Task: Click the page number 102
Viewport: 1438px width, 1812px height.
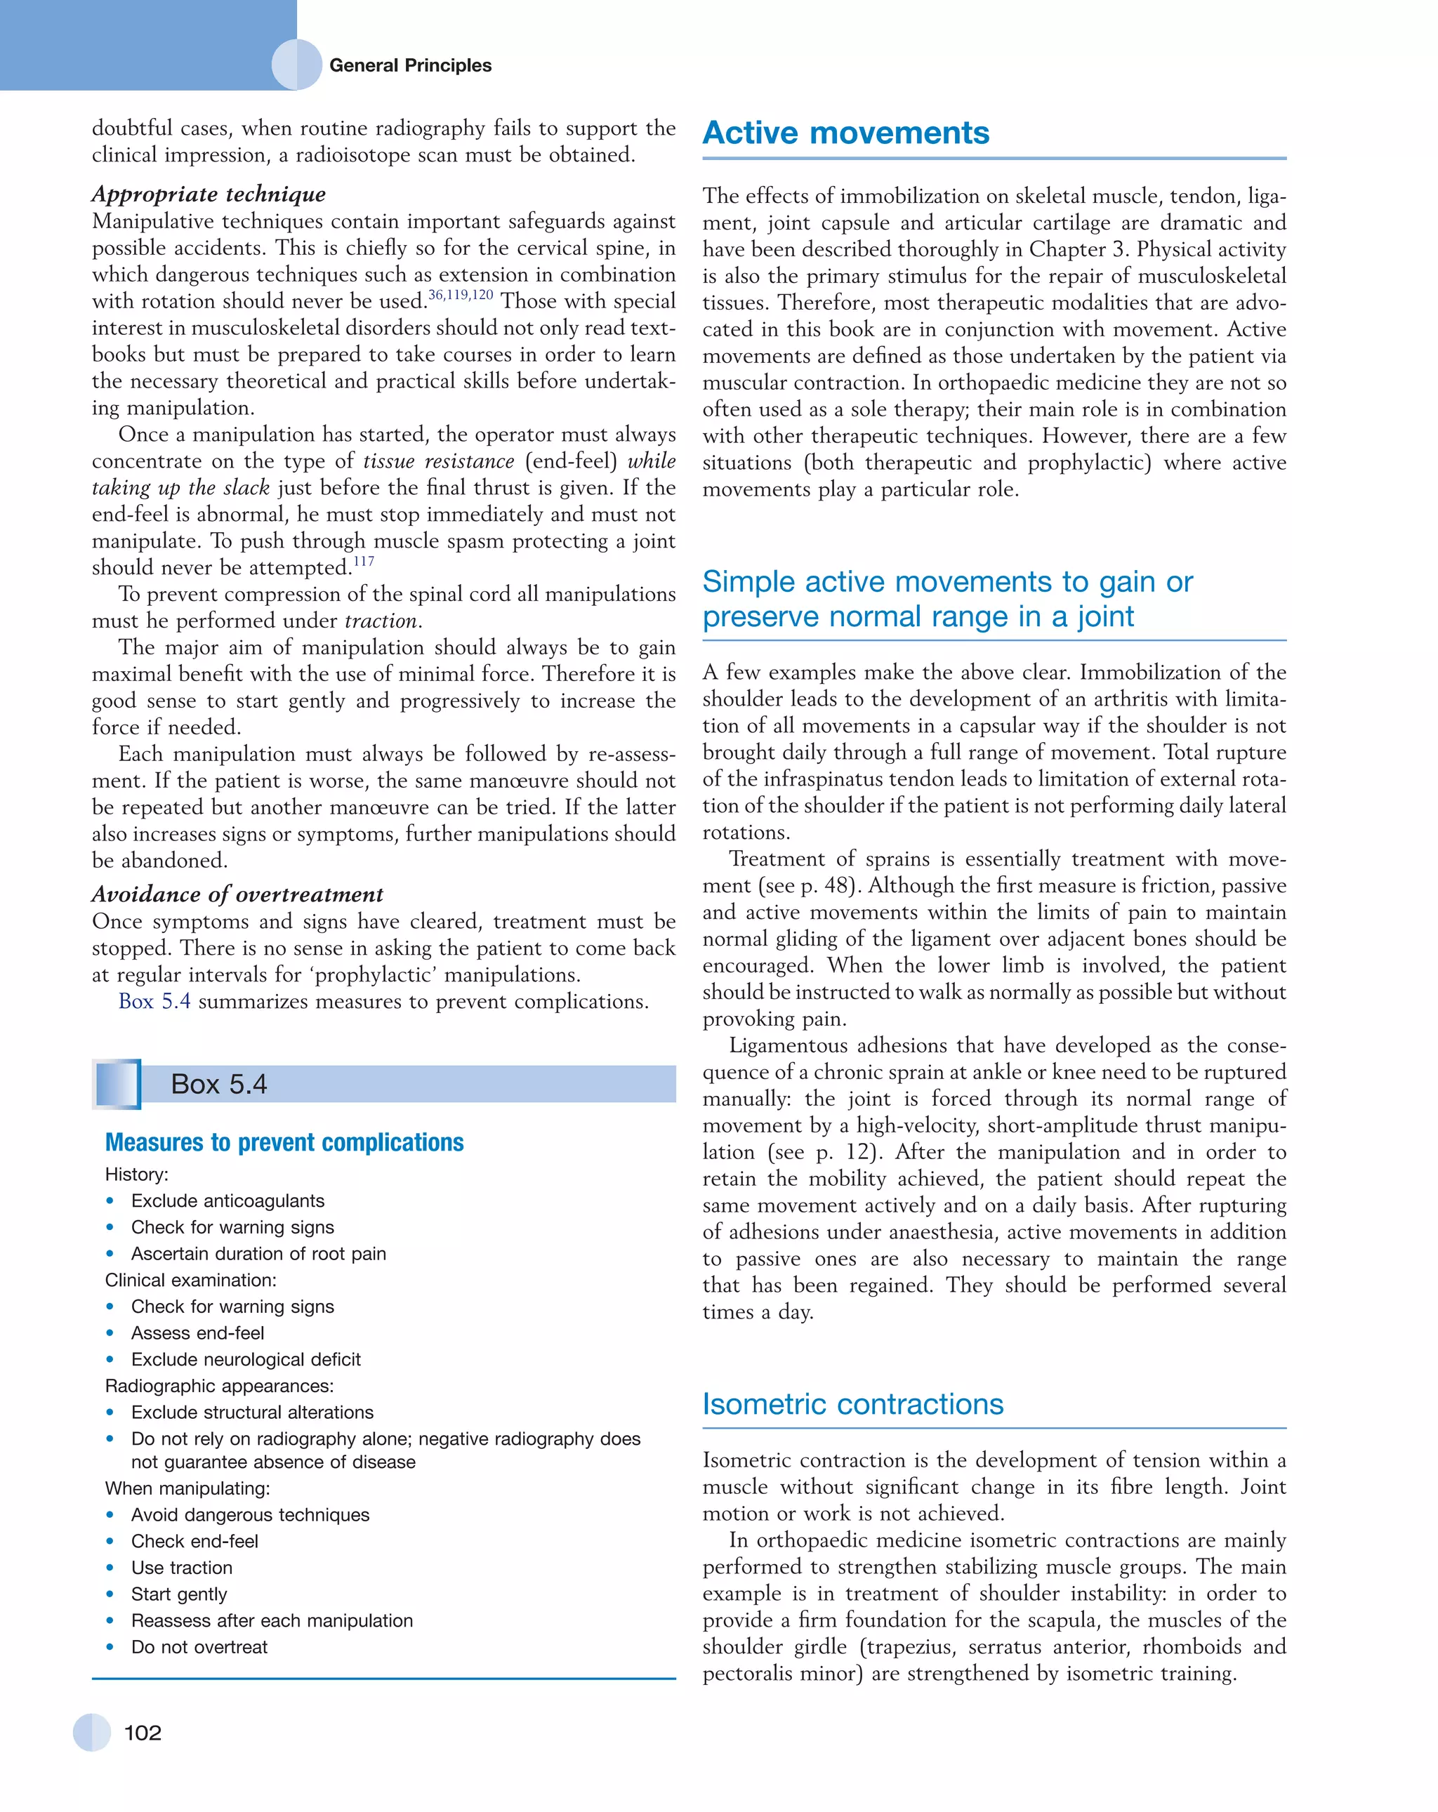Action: coord(142,1733)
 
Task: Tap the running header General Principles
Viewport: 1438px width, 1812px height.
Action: coord(409,65)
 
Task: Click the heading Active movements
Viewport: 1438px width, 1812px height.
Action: coord(845,133)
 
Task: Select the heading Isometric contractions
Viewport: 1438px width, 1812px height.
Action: coord(852,1404)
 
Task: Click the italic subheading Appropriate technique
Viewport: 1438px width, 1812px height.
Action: coord(209,194)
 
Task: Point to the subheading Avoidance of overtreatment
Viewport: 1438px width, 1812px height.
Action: coord(237,894)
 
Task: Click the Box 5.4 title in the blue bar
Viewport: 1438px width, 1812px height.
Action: coord(218,1084)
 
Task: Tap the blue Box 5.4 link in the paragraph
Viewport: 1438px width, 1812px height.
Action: coord(154,1002)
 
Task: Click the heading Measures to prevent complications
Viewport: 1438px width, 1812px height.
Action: coord(284,1142)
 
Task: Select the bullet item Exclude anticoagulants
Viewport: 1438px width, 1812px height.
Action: coord(227,1201)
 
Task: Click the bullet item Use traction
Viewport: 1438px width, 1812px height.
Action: coord(182,1568)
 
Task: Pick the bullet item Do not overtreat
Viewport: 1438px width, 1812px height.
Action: coord(199,1646)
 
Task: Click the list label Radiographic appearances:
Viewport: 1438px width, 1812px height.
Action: coord(219,1386)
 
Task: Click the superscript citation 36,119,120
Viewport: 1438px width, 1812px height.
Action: coord(461,295)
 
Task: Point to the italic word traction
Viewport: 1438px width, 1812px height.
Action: coord(381,621)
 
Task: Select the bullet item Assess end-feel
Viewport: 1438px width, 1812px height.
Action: coord(197,1333)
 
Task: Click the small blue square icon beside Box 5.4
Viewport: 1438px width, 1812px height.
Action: coord(117,1084)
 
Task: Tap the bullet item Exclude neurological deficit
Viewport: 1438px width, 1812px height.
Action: coord(246,1359)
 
